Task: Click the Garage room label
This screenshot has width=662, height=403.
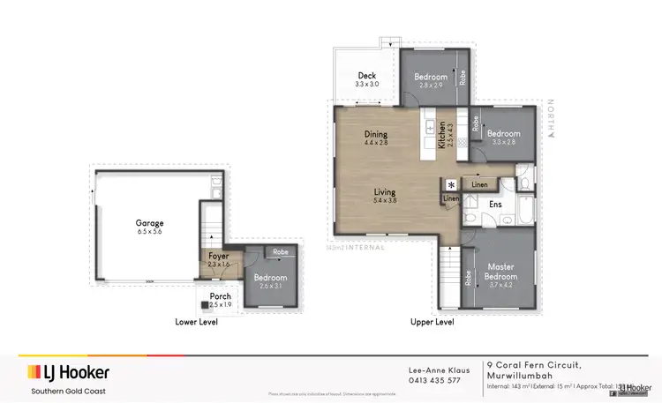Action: (x=149, y=223)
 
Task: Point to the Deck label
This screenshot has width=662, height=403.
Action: (x=367, y=76)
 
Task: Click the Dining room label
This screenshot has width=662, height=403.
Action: (x=376, y=135)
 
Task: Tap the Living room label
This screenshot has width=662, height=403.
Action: (x=384, y=191)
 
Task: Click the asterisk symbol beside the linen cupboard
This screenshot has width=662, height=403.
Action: (x=451, y=185)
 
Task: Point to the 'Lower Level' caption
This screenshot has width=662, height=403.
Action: (x=196, y=322)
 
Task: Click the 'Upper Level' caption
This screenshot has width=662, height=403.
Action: (x=433, y=322)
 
